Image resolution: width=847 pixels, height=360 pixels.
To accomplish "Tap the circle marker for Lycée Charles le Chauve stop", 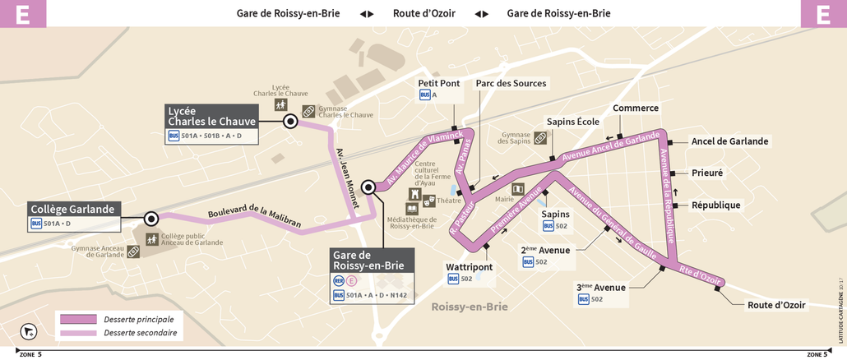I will click(x=290, y=122).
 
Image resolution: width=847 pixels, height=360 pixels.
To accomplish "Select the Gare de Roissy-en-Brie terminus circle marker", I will click(x=368, y=187).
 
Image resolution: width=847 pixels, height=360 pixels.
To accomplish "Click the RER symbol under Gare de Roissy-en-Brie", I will click(x=338, y=280).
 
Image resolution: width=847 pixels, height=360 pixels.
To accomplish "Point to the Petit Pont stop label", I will click(x=439, y=83).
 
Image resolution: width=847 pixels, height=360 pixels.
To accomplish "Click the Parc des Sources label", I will click(x=511, y=83).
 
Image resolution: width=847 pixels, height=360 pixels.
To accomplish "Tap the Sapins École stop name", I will click(x=573, y=122).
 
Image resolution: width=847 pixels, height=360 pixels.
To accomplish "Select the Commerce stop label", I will click(x=636, y=108).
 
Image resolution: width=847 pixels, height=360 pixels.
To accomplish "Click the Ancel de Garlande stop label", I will click(x=729, y=141).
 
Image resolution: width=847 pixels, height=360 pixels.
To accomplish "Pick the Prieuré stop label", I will click(x=707, y=173).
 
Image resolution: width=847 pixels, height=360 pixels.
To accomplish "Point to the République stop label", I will click(x=715, y=205).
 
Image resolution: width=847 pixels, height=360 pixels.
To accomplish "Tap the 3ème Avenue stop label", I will click(x=600, y=287).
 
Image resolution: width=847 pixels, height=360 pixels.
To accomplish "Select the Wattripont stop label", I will click(x=469, y=267).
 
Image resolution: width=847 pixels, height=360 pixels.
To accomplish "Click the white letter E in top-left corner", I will click(x=22, y=14).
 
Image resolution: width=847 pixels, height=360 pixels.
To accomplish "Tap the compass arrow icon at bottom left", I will click(x=29, y=331).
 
